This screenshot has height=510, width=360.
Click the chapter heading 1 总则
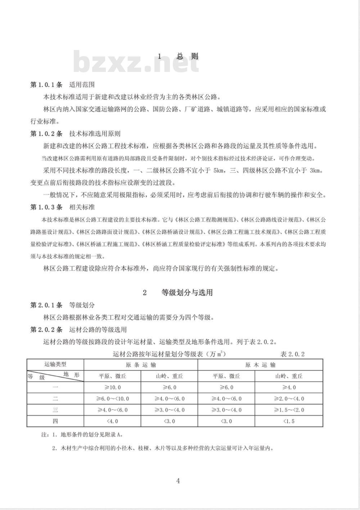(178, 56)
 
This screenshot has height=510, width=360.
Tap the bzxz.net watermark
(136, 62)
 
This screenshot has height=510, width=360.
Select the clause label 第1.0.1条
(46, 85)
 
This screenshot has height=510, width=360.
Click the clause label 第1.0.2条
(46, 134)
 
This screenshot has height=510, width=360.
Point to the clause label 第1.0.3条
(46, 207)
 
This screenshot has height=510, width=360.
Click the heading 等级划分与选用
(187, 292)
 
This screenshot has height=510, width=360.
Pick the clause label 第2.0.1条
(46, 305)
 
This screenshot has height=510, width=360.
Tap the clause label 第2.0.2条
(46, 329)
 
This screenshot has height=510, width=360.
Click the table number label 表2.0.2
(292, 354)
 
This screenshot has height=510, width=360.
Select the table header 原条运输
(141, 365)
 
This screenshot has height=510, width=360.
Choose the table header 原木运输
(260, 365)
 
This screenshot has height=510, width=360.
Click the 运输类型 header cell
(55, 364)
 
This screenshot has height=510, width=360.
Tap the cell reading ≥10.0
(112, 387)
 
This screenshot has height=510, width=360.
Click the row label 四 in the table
(55, 421)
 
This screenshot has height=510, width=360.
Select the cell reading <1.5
(289, 421)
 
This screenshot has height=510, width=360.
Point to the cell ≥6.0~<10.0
(112, 399)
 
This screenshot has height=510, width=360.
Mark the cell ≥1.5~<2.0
(289, 410)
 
